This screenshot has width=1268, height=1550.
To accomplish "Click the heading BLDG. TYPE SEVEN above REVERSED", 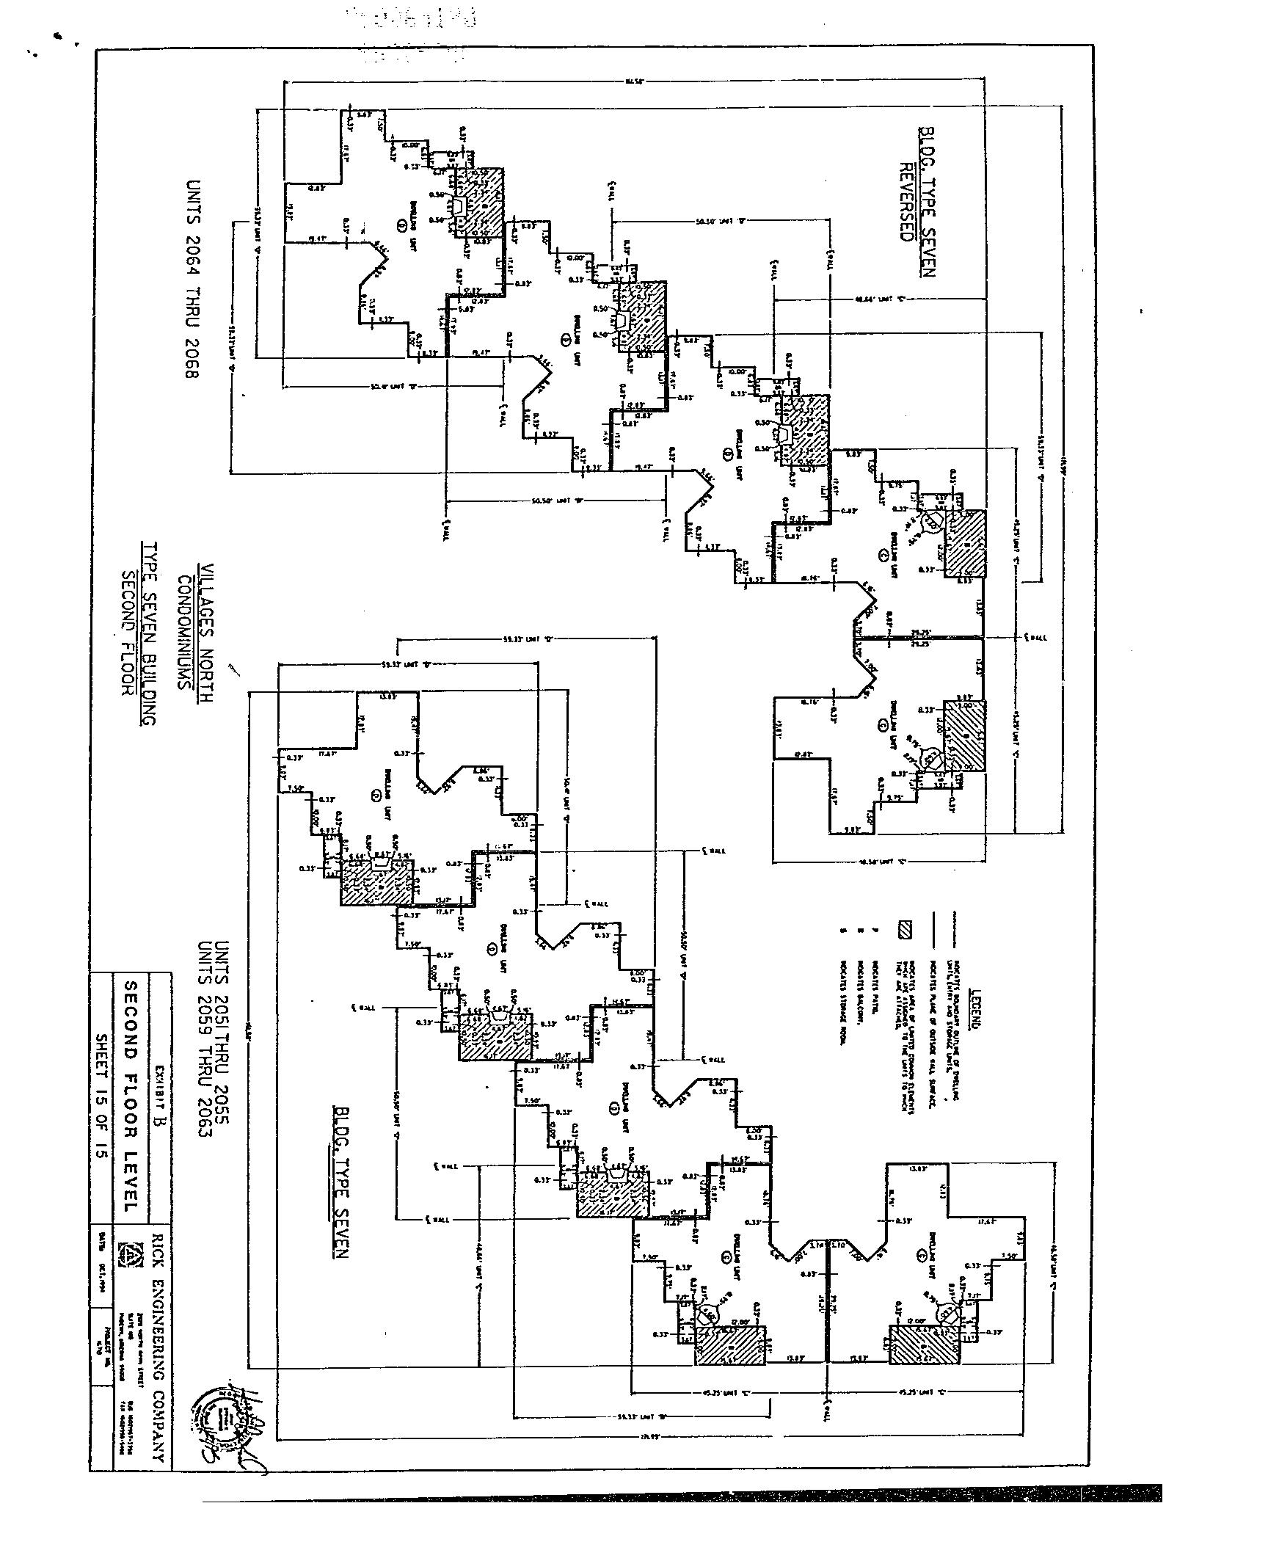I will (927, 203).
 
